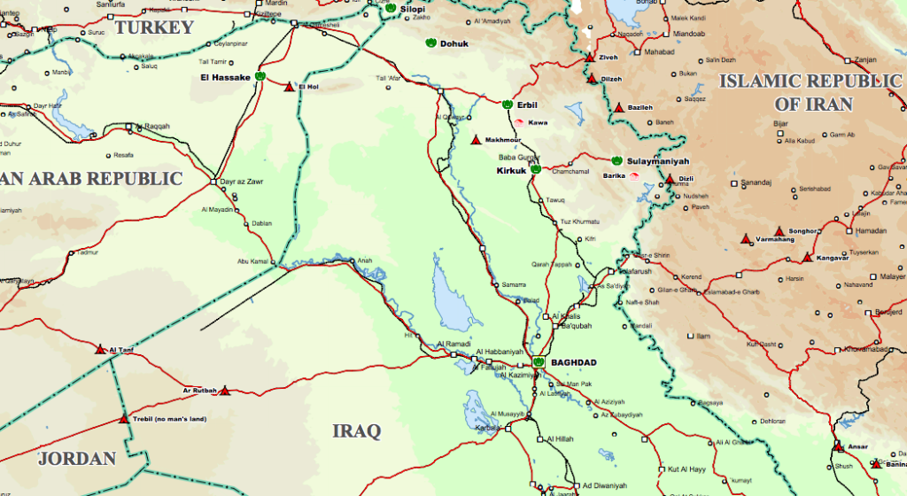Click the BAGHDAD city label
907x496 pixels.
pyautogui.click(x=573, y=362)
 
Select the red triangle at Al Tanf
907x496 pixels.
pyautogui.click(x=100, y=349)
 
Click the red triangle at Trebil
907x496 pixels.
pyautogui.click(x=124, y=419)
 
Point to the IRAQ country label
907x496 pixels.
pyautogui.click(x=356, y=431)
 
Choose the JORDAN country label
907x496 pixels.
pyautogui.click(x=77, y=458)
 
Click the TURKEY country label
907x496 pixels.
pyautogui.click(x=154, y=27)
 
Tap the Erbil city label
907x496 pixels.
pyautogui.click(x=529, y=105)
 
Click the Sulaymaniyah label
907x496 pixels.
pyautogui.click(x=656, y=161)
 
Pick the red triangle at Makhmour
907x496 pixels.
pyautogui.click(x=476, y=139)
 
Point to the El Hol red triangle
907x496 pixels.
pyautogui.click(x=288, y=86)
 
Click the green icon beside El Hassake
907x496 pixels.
pyautogui.click(x=260, y=77)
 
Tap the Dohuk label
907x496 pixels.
pyautogui.click(x=454, y=43)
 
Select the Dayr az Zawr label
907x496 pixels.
pyautogui.click(x=243, y=182)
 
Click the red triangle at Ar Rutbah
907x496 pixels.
pyautogui.click(x=225, y=390)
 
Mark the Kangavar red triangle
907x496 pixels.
pyautogui.click(x=806, y=257)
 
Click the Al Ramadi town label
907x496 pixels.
pyautogui.click(x=454, y=345)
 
